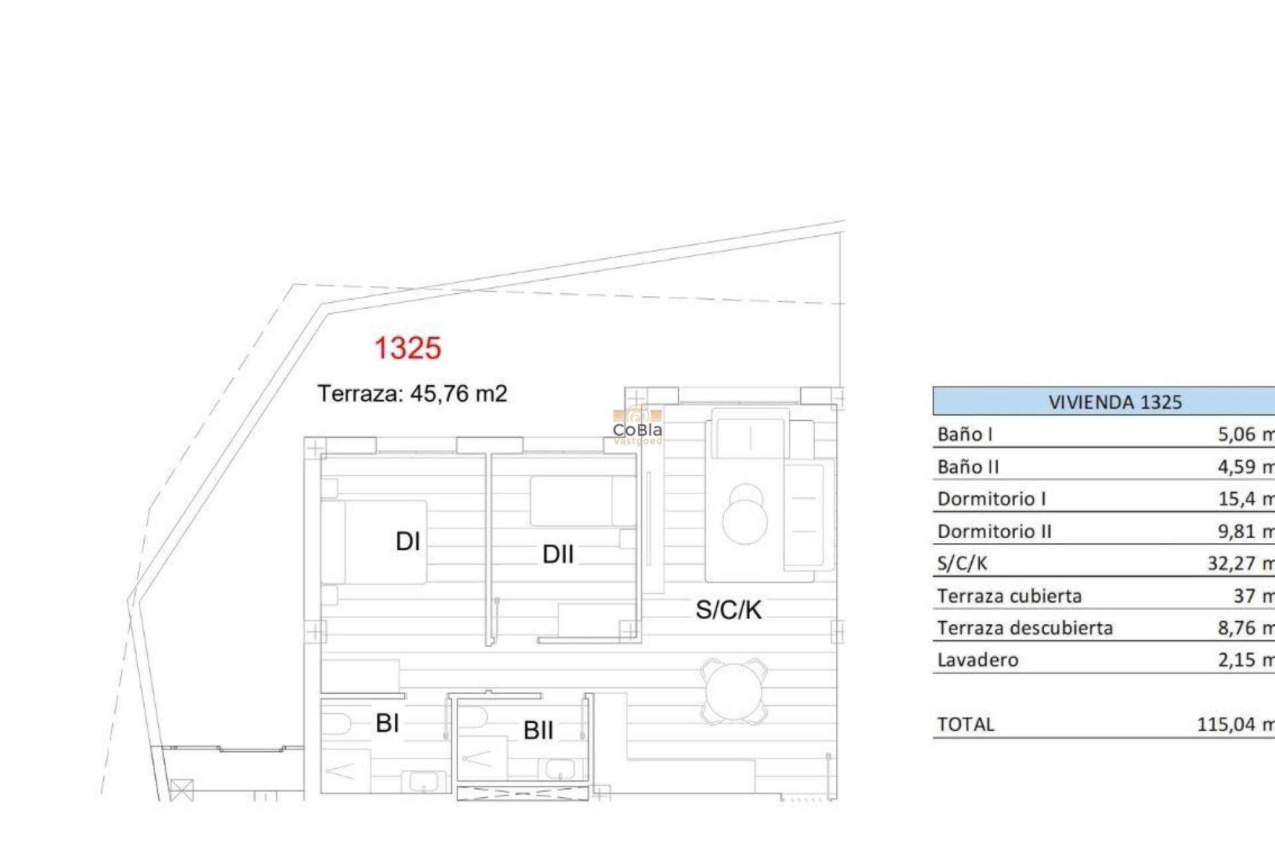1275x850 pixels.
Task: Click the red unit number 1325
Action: [x=408, y=349]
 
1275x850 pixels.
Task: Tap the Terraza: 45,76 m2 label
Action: [x=412, y=394]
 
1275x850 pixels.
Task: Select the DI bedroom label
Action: [x=408, y=542]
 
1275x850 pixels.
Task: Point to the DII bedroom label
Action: [x=558, y=554]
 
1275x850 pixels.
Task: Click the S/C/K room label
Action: [x=728, y=610]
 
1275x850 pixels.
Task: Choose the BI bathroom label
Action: [x=387, y=723]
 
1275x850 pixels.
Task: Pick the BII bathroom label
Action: [x=538, y=730]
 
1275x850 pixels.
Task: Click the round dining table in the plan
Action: [x=734, y=691]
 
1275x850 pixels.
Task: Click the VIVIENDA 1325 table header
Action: [x=1115, y=402]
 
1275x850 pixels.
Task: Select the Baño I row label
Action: [x=965, y=434]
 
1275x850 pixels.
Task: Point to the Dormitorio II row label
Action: [x=994, y=531]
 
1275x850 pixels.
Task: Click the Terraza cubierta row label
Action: [x=1009, y=596]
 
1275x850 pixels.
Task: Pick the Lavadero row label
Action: [x=977, y=660]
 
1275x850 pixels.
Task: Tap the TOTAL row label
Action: [x=966, y=724]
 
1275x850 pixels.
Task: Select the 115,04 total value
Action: [x=1226, y=724]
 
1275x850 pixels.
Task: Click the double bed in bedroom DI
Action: [x=375, y=542]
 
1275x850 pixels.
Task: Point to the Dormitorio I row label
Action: [x=991, y=499]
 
